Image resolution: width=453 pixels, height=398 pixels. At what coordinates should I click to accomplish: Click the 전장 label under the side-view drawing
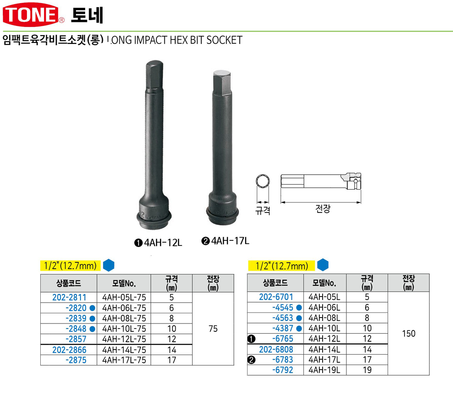pos(323,208)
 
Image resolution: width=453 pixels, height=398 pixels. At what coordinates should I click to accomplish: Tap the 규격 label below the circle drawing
pos(263,210)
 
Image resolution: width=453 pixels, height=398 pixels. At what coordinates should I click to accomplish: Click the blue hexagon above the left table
pos(108,265)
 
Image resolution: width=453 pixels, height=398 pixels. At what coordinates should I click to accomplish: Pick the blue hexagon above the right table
pos(323,265)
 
